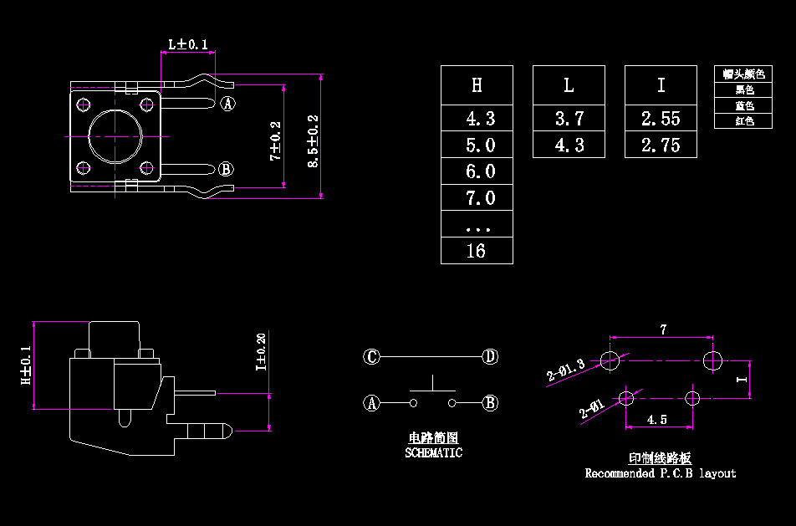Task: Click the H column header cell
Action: coord(477,84)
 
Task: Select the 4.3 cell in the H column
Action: coord(477,118)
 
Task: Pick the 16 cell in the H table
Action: coord(477,251)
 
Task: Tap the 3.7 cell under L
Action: coord(569,118)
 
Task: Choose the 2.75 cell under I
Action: coord(661,145)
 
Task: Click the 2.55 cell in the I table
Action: coord(661,118)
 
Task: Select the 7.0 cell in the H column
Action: coord(477,198)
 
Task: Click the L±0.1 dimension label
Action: coord(187,43)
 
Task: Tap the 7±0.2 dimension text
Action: coord(275,140)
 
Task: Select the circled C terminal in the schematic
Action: coord(372,357)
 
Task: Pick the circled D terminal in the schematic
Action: coord(490,357)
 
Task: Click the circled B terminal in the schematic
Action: coord(491,403)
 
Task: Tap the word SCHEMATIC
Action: coord(433,452)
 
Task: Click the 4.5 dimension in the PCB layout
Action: coord(658,420)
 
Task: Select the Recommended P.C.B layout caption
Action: coord(660,473)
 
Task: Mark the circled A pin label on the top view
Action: coord(227,104)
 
